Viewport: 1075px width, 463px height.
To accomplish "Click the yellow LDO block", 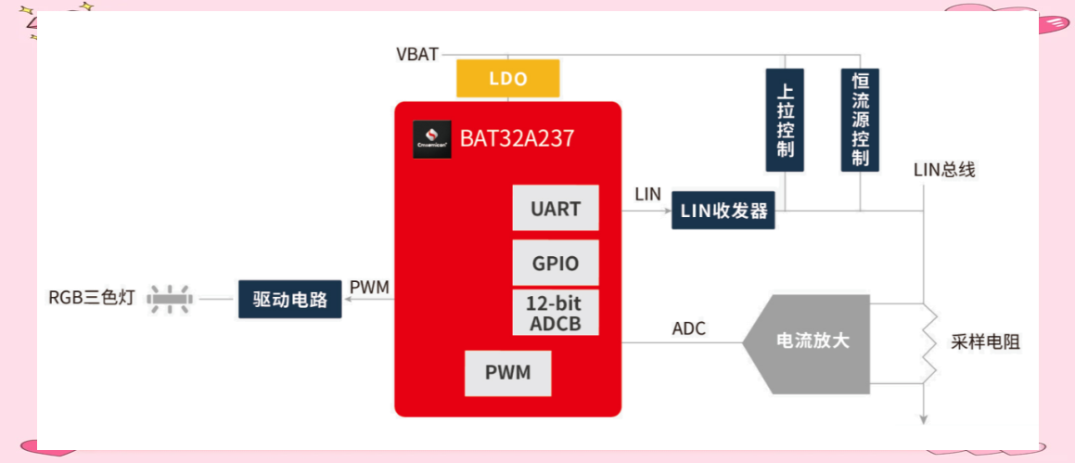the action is tap(508, 78).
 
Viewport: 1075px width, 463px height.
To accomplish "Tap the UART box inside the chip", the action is tap(556, 208).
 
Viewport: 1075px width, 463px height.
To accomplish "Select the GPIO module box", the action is tap(556, 263).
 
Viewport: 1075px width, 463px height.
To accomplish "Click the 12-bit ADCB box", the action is tap(556, 312).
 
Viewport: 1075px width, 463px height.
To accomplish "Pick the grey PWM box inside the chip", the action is tap(508, 373).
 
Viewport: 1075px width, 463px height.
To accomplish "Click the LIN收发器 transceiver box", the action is tap(723, 210).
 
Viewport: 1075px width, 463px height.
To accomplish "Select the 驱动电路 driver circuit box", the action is tap(290, 299).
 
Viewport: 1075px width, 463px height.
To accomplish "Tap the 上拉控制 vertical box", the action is tap(785, 120).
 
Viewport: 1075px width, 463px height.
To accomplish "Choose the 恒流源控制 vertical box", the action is tap(861, 120).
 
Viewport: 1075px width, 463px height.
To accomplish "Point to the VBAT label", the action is tap(416, 54).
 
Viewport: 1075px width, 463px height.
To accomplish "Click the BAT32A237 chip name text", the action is tap(517, 138).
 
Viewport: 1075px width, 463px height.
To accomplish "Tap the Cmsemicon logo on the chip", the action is tap(432, 139).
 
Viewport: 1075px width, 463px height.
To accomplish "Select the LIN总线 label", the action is tap(944, 170).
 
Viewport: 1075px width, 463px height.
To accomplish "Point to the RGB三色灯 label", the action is tap(92, 299).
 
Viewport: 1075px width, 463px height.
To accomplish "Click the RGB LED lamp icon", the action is tap(171, 299).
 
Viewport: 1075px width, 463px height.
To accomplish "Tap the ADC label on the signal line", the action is tap(689, 329).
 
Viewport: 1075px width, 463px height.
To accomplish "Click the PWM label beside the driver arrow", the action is tap(369, 288).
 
